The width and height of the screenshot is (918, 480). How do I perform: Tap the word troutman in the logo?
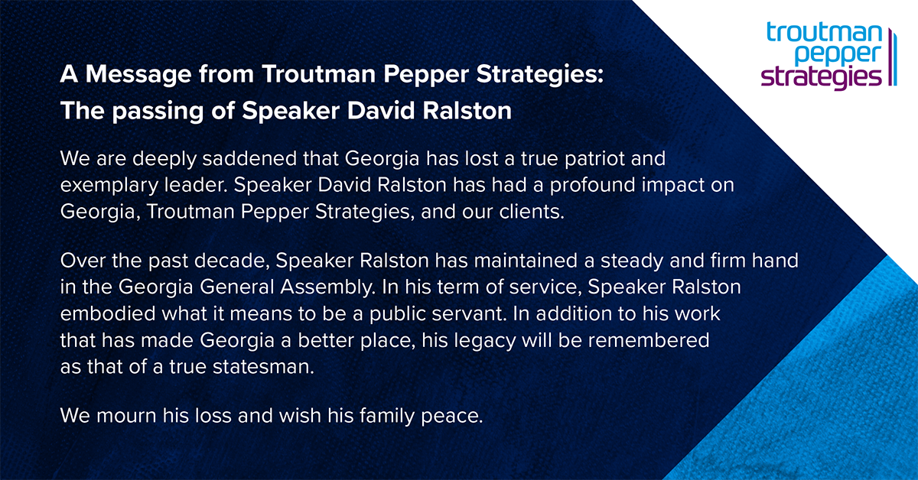[x=823, y=33]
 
